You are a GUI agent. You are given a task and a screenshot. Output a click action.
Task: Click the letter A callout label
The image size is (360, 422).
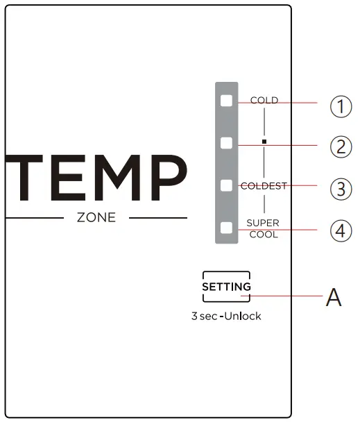point(334,298)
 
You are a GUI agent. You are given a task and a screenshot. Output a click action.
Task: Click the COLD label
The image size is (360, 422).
point(264,101)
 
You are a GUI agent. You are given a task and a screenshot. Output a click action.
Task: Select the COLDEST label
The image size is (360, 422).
point(264,186)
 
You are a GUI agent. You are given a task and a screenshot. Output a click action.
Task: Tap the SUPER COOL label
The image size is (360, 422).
point(264,229)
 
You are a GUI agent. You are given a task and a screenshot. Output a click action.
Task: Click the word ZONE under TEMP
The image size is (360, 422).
point(96,218)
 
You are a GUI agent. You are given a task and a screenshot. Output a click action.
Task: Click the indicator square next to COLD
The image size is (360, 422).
point(226,101)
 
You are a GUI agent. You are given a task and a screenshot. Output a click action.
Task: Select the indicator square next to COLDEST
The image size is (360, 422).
point(226,185)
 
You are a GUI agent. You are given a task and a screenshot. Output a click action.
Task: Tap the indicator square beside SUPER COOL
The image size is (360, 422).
point(226,227)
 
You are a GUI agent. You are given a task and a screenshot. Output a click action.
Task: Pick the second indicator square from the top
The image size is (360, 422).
point(226,143)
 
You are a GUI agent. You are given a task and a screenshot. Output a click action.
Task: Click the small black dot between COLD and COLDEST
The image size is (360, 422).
point(264,142)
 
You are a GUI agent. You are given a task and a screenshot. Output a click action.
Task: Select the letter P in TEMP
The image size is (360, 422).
point(166,179)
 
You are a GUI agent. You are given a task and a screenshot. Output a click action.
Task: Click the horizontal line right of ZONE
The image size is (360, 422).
point(158,218)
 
